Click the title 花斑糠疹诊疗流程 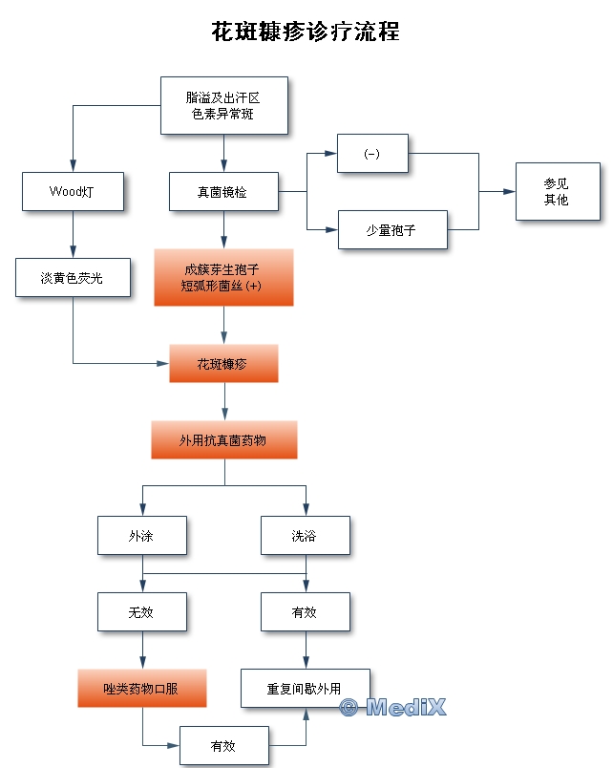(x=306, y=32)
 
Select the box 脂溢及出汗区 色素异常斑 (x=223, y=105)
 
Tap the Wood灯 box (x=73, y=191)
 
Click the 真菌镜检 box (x=223, y=191)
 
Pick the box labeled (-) (x=372, y=154)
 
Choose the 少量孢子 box (x=392, y=229)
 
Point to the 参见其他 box (x=558, y=191)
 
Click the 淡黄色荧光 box (x=73, y=277)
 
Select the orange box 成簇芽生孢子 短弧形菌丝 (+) (x=223, y=277)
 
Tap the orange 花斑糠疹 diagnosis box (x=223, y=363)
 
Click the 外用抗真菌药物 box (x=223, y=440)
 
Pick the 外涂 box (x=141, y=536)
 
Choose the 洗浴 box (x=306, y=536)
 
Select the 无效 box (x=141, y=612)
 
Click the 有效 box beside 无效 (x=306, y=612)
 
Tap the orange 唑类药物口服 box (x=141, y=688)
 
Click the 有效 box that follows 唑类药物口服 (x=223, y=745)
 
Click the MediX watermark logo (x=392, y=708)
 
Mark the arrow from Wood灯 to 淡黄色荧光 (x=73, y=234)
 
